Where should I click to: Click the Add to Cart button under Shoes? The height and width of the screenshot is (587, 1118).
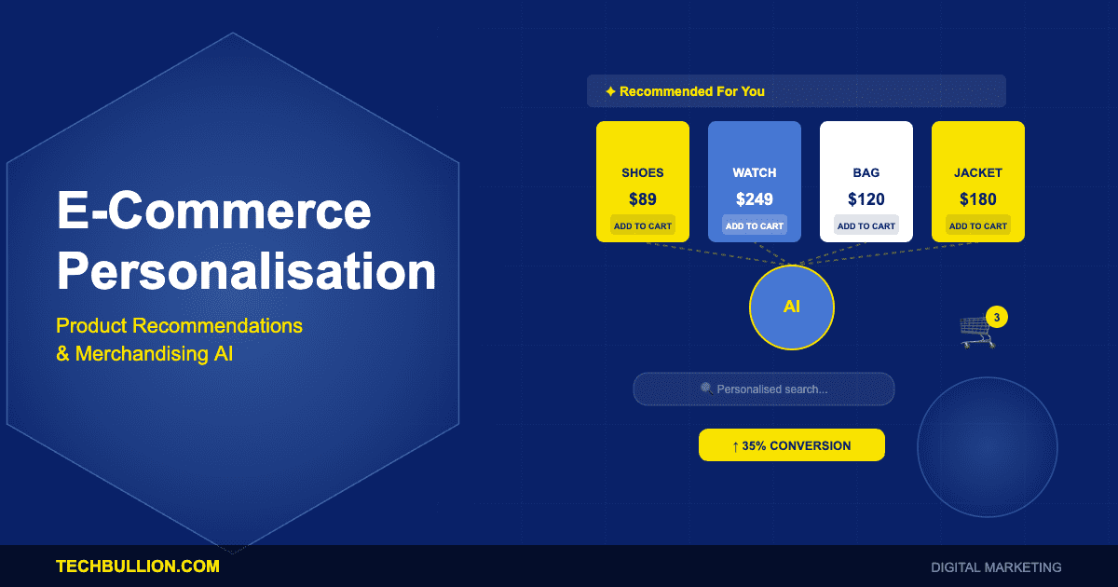(643, 225)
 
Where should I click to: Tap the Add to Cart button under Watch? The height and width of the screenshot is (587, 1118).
(755, 225)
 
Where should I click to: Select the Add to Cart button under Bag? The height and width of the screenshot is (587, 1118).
(866, 225)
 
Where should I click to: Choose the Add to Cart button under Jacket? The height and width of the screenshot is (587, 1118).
(978, 225)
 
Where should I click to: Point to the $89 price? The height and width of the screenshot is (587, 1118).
(643, 198)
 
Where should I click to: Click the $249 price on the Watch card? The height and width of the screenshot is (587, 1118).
(755, 198)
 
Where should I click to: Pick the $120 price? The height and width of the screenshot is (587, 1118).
(866, 198)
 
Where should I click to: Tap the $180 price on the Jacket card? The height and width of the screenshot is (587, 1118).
(978, 198)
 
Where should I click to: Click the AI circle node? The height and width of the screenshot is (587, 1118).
(792, 307)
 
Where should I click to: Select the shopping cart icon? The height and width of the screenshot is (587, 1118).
(975, 332)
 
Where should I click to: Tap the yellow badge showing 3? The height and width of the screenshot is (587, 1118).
(997, 318)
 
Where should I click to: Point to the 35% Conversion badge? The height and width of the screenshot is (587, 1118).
(792, 445)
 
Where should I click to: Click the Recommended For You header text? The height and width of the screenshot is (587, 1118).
(691, 91)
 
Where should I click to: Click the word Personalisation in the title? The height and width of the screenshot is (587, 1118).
(247, 272)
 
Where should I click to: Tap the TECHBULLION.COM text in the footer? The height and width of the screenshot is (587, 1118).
(138, 566)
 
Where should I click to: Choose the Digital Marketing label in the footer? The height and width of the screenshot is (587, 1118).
(996, 567)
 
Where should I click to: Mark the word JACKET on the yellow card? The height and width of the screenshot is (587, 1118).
(978, 172)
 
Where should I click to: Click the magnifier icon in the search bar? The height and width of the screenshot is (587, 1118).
(706, 389)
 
